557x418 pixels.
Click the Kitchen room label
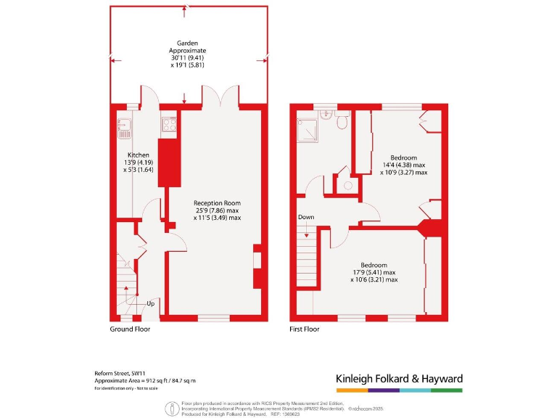point(139,155)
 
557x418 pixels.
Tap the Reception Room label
point(217,203)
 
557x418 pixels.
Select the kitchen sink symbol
point(123,128)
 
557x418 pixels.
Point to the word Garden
point(186,44)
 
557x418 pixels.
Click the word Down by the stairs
point(306,217)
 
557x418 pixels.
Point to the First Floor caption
point(305,329)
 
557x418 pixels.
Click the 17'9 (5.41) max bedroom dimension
point(374,272)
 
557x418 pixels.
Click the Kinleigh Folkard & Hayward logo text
point(398,379)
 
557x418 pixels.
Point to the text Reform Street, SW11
point(121,374)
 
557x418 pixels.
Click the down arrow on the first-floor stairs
point(306,232)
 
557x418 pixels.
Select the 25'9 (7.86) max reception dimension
point(217,210)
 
